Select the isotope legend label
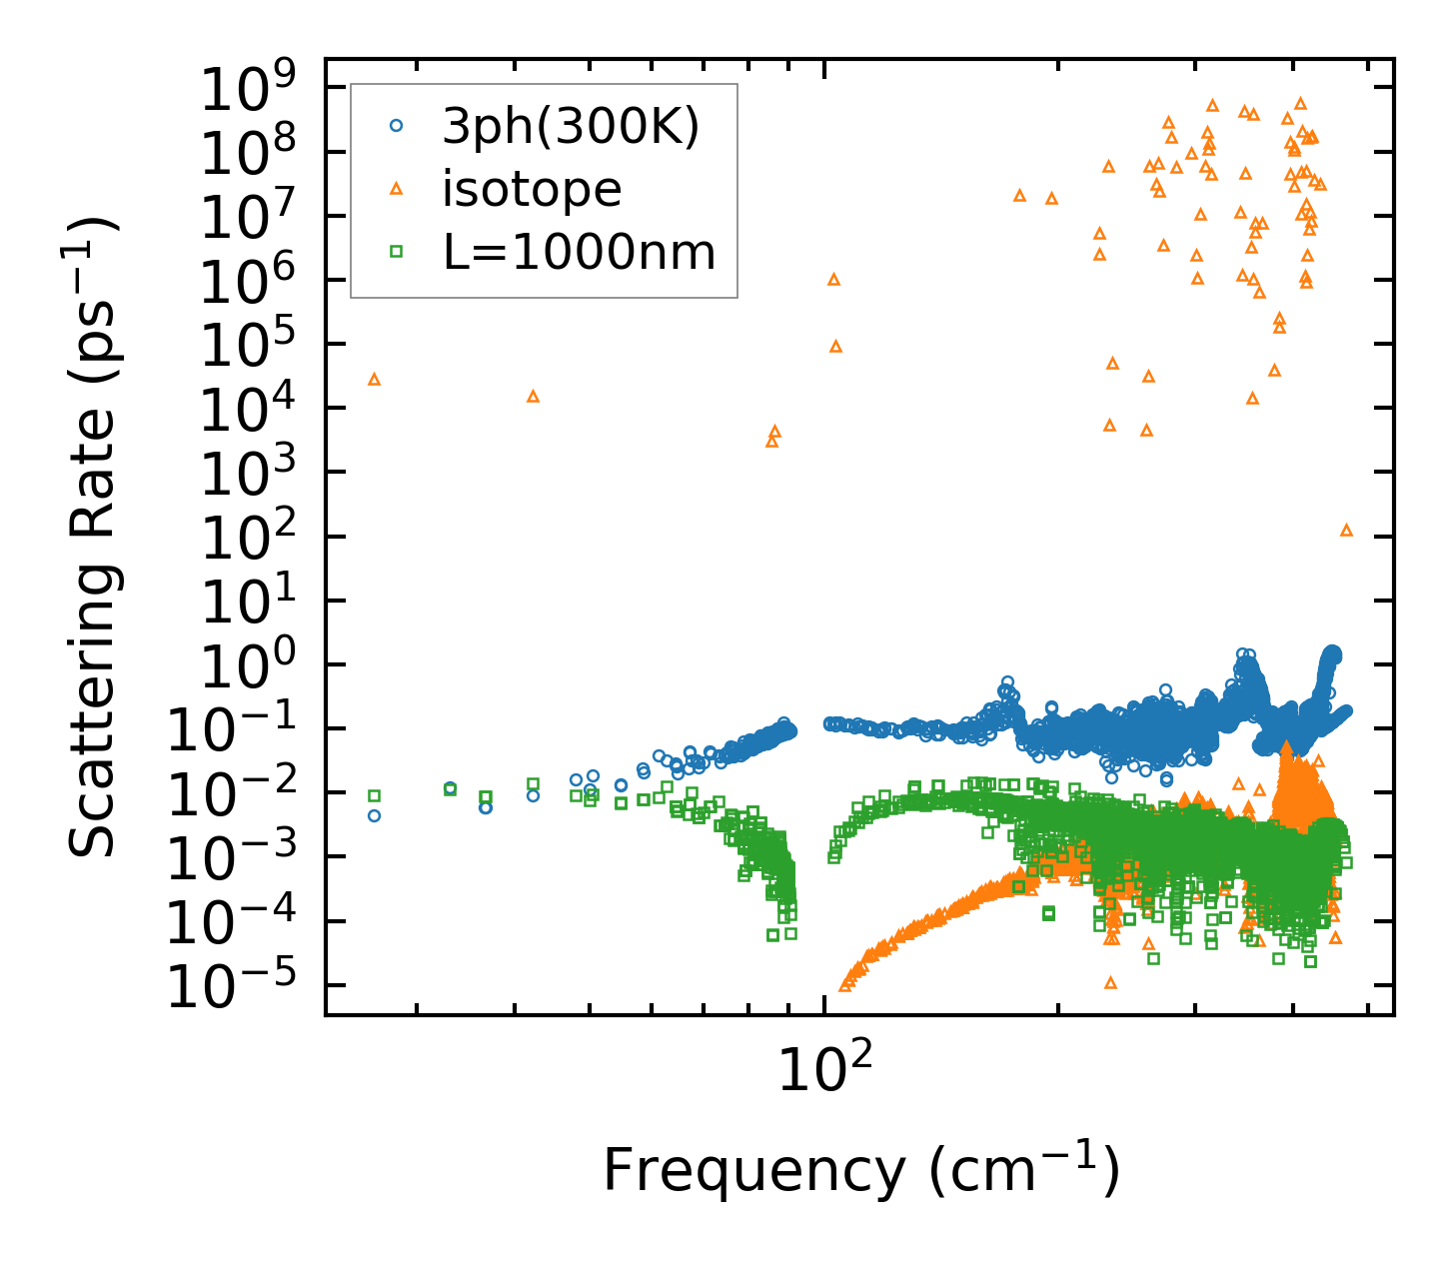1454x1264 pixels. coord(532,188)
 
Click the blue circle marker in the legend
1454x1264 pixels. coord(396,125)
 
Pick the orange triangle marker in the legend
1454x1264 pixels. coord(396,188)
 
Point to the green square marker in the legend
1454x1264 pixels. coord(396,252)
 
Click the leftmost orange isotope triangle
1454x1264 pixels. coord(374,380)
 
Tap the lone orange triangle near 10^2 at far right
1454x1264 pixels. coord(1346,530)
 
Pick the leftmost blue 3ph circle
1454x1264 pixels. coord(374,815)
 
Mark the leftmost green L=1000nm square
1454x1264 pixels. coord(374,795)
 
